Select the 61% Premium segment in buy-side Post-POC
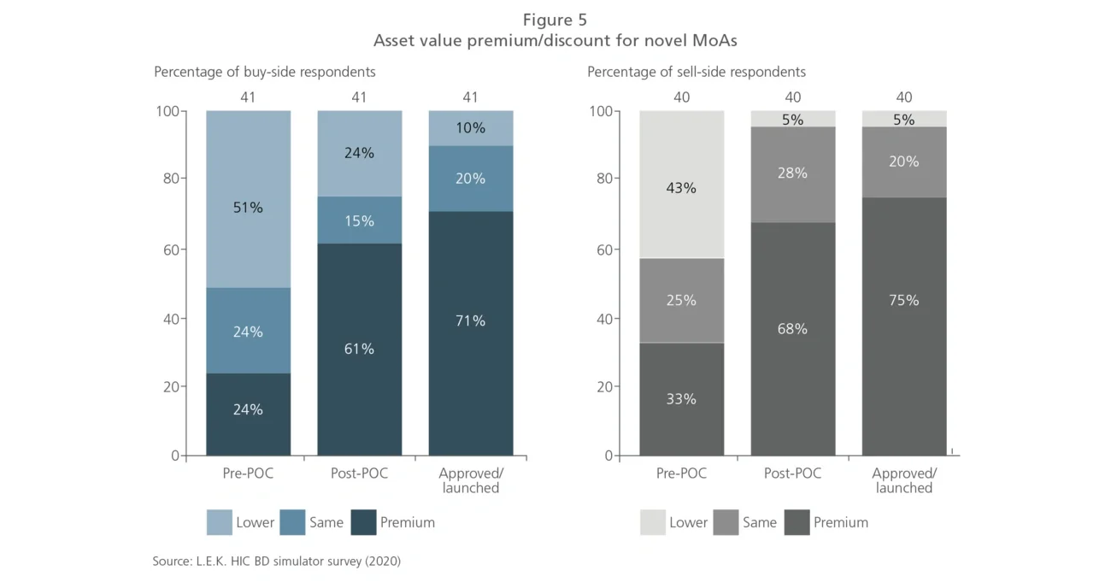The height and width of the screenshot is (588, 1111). tap(359, 349)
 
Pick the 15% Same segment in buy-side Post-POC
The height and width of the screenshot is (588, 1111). tap(359, 220)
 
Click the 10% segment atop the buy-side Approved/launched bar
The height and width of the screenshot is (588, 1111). tap(470, 128)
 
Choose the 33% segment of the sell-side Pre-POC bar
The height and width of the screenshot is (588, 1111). tap(681, 398)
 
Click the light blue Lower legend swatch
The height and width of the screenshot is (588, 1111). tap(219, 522)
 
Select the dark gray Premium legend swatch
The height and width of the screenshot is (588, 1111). tap(796, 522)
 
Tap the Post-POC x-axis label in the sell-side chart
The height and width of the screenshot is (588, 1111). tap(792, 473)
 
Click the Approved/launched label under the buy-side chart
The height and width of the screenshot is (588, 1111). tap(470, 480)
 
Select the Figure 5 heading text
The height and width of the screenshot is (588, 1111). tap(555, 20)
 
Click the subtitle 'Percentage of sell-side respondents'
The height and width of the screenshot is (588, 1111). tap(696, 72)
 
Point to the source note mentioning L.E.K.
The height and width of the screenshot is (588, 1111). tap(276, 562)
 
